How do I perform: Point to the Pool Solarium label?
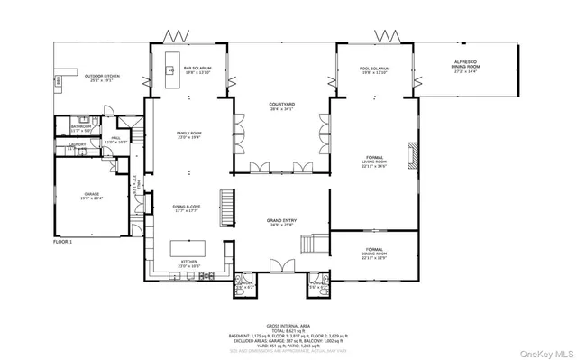(x=374, y=69)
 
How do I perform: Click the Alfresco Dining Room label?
(x=465, y=63)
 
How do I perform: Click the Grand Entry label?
(x=282, y=221)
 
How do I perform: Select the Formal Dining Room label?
(x=374, y=252)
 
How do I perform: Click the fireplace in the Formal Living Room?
(x=412, y=155)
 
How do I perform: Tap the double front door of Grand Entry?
(x=282, y=266)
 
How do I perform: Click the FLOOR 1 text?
(x=62, y=242)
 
